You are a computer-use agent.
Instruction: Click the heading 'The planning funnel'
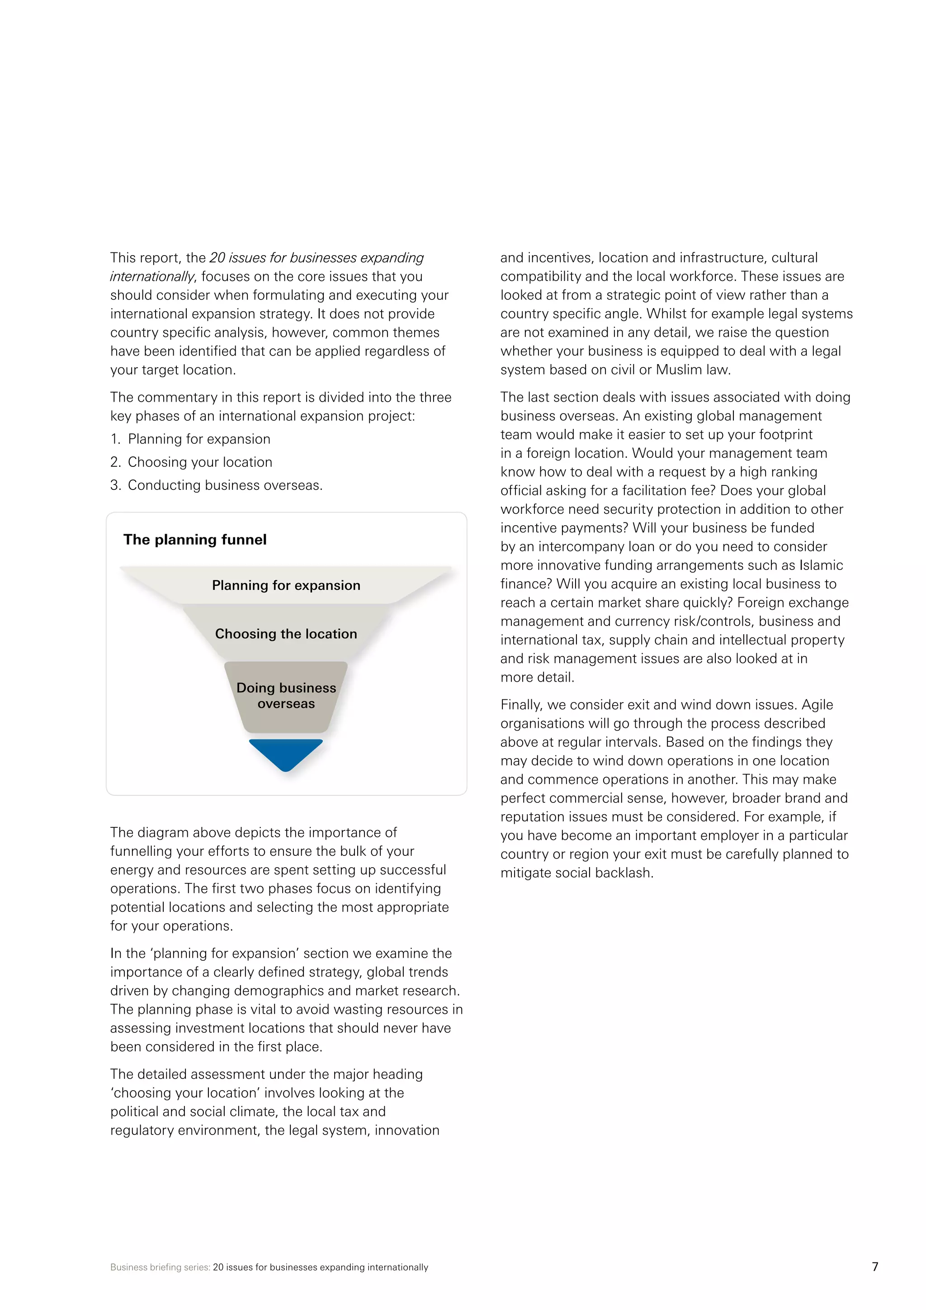click(194, 540)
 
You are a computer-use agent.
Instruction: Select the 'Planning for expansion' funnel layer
click(286, 585)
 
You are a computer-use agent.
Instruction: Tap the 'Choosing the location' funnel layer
click(286, 634)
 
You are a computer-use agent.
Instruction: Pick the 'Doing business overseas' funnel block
click(286, 696)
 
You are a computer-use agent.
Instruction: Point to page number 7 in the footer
click(875, 1267)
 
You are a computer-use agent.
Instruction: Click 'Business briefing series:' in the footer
click(160, 1267)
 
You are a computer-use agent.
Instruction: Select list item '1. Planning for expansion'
click(190, 439)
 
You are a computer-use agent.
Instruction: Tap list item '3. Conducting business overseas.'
click(216, 485)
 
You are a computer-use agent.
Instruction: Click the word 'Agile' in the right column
click(817, 705)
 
